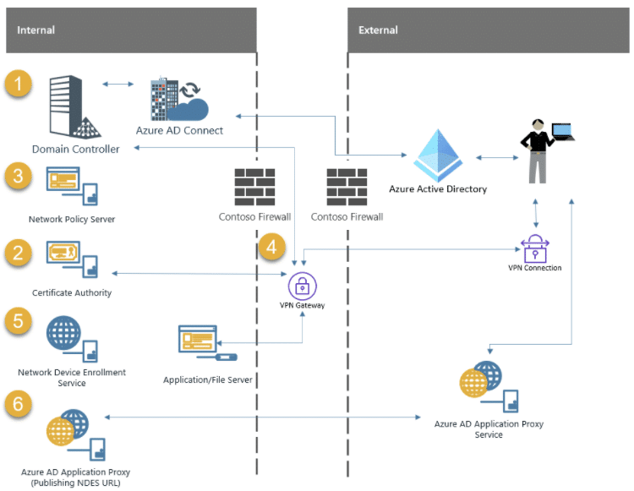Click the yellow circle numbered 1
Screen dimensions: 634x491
[19, 84]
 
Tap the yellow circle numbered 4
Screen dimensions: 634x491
[271, 247]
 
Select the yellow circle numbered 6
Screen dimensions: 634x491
[19, 403]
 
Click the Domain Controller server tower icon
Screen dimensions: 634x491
[74, 106]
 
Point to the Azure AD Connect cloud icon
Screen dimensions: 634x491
[179, 99]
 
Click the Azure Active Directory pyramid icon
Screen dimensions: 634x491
[438, 155]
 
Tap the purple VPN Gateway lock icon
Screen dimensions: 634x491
[303, 286]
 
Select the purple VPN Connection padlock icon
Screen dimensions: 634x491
[535, 248]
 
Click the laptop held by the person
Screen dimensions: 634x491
[563, 132]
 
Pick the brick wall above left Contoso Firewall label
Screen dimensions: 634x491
[254, 187]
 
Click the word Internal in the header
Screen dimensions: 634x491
[36, 30]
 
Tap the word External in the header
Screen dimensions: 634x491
[378, 30]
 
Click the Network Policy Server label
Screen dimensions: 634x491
[72, 219]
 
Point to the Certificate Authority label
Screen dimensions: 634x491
[72, 292]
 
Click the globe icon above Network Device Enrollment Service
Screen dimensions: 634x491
[63, 333]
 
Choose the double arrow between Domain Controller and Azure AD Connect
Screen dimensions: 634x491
[118, 84]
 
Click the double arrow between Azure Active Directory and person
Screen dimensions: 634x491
[497, 157]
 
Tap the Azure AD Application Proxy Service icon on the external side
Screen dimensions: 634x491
[489, 387]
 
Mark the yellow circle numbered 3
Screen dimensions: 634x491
[19, 176]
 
